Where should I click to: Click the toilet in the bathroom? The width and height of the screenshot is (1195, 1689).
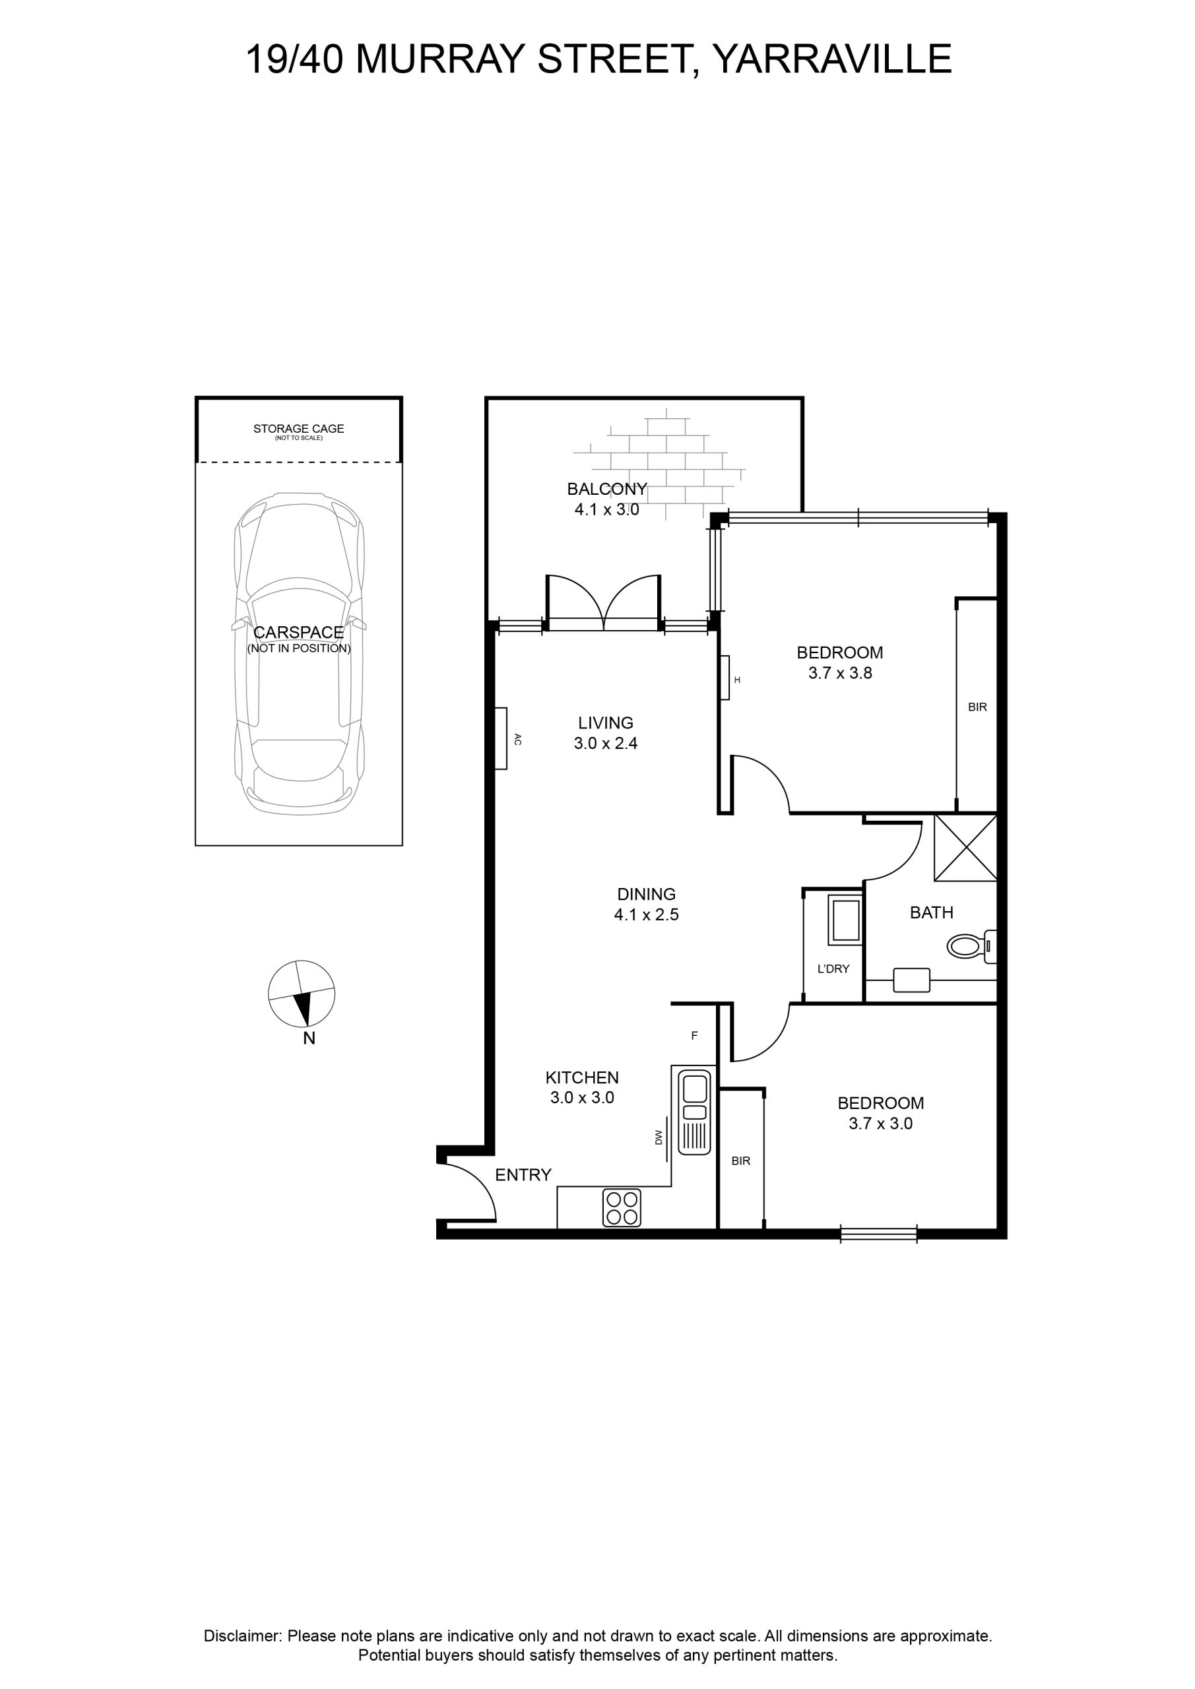[971, 946]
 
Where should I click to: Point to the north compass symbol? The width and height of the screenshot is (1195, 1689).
[302, 993]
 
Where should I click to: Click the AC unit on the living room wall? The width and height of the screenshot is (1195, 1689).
[501, 738]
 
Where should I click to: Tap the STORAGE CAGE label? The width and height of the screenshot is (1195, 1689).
[299, 428]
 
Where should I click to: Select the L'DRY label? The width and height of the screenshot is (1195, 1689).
[833, 969]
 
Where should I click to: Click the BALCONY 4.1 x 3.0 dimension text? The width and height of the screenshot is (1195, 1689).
[607, 509]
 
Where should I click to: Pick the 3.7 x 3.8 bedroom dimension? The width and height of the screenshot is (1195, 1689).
[840, 672]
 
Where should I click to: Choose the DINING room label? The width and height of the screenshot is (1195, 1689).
[646, 894]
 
